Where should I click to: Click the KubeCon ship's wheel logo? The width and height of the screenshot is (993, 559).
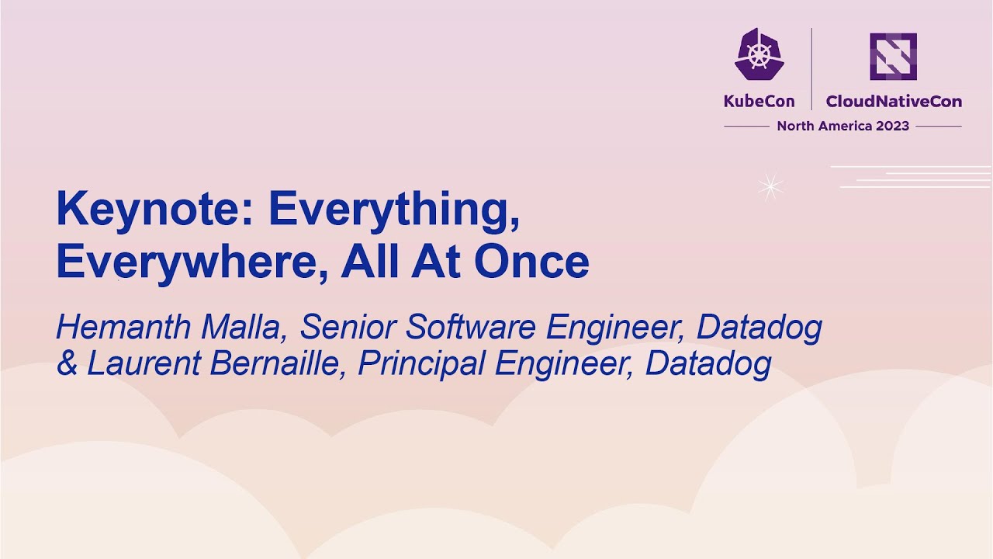coord(759,54)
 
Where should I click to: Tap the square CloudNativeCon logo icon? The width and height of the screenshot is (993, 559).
coord(893,56)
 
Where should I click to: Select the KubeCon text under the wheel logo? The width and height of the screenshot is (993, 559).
coord(759,101)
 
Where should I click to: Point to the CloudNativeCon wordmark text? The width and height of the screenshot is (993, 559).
coord(894,101)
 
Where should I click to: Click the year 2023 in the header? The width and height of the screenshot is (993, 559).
coord(892,126)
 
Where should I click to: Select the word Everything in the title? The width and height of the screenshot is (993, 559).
coord(394,210)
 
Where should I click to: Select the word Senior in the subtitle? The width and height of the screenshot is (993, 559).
coord(348,328)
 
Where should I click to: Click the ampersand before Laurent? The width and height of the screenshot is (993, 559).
coord(67,363)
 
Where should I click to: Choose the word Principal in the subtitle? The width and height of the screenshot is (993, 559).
coord(422,363)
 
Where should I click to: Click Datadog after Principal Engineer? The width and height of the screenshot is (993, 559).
coord(708,363)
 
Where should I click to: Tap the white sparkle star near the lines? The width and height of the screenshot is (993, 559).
coord(770,186)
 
